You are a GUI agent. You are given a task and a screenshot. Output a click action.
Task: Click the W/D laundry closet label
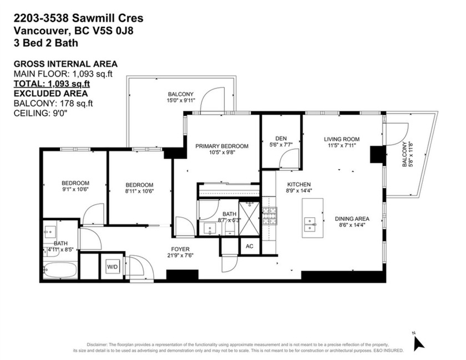pos(113,267)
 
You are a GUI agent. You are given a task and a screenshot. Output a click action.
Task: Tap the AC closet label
pos(249,246)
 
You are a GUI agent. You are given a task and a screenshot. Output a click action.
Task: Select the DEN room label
pos(280,139)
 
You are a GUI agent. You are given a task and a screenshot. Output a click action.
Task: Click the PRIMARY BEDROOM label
pos(221,146)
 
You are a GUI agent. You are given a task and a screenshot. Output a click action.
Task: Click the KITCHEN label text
pos(298,185)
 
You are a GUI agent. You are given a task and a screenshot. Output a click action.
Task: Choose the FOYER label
pos(180,250)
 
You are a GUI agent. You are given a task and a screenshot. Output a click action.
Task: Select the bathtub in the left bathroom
pos(60,271)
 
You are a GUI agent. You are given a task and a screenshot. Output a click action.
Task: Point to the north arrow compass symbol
pos(419,342)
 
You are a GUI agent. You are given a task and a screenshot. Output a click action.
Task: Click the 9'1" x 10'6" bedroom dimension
pos(75,190)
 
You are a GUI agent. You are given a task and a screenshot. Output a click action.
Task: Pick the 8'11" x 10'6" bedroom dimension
pos(139,191)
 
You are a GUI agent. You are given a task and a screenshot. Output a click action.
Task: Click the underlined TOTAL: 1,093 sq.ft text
pos(52,83)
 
